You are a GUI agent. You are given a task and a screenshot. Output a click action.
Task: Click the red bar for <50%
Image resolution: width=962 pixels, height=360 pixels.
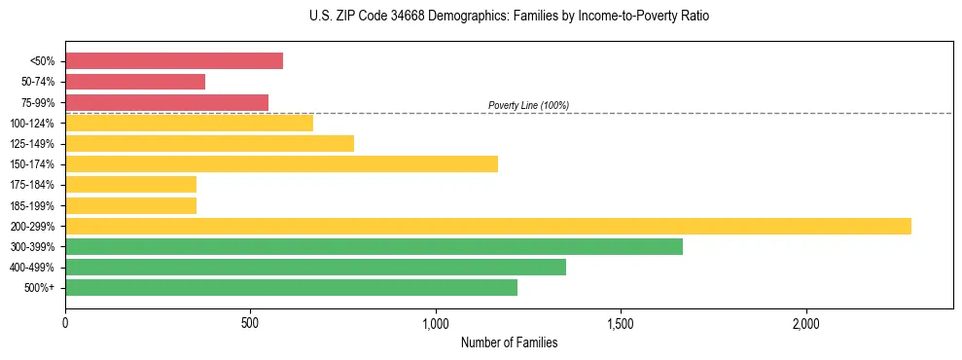174,61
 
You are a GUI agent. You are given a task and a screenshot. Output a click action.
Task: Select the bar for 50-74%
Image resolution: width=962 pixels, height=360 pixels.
135,82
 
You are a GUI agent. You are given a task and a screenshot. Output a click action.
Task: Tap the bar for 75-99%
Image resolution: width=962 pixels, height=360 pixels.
166,102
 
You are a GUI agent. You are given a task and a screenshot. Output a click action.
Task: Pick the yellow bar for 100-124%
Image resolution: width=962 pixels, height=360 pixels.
189,123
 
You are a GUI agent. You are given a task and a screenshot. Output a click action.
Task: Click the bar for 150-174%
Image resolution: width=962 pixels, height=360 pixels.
281,164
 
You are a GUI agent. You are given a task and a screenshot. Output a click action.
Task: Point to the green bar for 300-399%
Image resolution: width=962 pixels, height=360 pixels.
374,246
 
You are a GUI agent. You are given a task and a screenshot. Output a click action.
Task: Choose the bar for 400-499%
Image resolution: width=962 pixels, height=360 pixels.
315,267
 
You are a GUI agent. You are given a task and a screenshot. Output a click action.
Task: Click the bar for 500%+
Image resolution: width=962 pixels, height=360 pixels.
291,287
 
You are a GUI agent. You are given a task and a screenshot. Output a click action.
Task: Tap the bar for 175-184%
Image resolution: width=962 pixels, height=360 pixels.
130,185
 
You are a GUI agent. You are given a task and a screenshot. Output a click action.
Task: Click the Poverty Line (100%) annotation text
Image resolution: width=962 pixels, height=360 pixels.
528,105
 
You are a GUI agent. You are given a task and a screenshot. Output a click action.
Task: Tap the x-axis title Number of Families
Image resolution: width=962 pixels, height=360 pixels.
509,342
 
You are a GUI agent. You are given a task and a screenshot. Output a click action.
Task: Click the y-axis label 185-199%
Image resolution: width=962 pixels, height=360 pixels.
32,205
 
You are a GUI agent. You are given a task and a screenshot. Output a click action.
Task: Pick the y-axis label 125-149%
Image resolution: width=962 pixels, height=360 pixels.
32,144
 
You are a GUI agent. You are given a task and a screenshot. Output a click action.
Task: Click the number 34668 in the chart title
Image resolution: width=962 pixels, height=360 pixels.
422,17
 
